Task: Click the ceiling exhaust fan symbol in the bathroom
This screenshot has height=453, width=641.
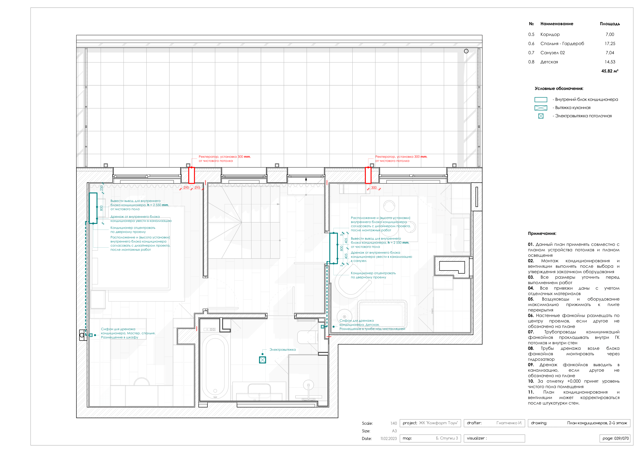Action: click(x=262, y=360)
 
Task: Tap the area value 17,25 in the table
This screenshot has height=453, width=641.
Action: click(x=610, y=44)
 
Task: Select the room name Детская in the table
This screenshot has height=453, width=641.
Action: click(x=549, y=62)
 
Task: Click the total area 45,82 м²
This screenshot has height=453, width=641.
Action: click(x=610, y=71)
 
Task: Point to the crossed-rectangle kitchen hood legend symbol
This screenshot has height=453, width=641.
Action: click(x=541, y=108)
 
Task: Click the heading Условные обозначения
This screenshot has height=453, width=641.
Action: click(x=559, y=89)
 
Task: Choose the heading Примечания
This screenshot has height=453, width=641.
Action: click(x=542, y=234)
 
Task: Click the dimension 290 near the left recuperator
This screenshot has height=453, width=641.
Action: click(x=186, y=187)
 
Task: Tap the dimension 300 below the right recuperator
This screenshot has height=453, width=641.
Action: click(x=374, y=187)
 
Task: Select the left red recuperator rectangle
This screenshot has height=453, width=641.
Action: click(x=191, y=175)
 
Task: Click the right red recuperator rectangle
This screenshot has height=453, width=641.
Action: click(x=368, y=175)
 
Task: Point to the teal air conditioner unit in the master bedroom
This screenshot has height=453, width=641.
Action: click(x=93, y=208)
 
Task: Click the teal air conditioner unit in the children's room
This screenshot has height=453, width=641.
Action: click(x=334, y=248)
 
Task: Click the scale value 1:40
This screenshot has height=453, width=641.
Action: click(x=394, y=423)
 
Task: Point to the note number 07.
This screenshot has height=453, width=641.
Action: click(x=531, y=332)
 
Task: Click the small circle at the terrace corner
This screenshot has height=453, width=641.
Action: click(x=466, y=51)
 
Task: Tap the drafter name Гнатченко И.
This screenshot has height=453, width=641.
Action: click(x=509, y=423)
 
